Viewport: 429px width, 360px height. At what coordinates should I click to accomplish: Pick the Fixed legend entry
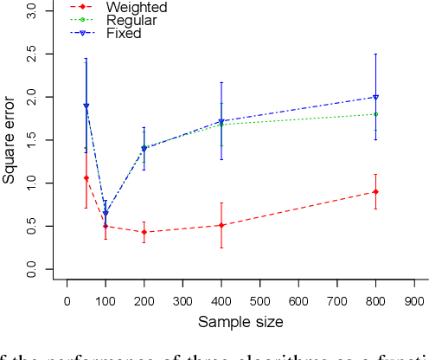[x=110, y=34]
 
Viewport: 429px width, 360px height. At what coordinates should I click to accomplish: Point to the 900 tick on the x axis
[x=414, y=300]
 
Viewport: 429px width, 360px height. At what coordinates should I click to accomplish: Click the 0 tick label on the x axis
[x=67, y=300]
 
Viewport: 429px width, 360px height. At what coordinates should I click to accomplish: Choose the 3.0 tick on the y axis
[x=33, y=11]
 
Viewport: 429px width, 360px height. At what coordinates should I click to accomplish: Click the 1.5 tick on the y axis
[x=33, y=141]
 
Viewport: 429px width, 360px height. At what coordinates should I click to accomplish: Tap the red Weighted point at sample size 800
[x=375, y=192]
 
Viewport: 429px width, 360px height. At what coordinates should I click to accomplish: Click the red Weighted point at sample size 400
[x=221, y=225]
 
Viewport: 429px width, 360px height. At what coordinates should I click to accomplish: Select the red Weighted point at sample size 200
[x=144, y=232]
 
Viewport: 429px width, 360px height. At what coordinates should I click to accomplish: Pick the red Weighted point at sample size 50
[x=86, y=178]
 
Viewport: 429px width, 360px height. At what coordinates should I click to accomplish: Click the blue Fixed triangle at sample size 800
[x=375, y=97]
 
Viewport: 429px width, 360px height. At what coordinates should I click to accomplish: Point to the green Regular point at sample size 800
[x=375, y=114]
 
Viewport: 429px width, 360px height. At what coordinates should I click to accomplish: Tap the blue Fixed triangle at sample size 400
[x=221, y=121]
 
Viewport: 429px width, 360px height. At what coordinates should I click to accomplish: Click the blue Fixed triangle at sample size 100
[x=106, y=213]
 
